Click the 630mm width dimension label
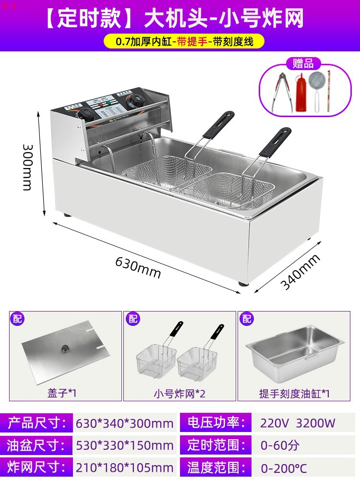click(x=137, y=268)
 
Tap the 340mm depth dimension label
click(x=300, y=272)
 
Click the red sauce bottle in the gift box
click(x=301, y=92)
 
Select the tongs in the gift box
click(x=282, y=92)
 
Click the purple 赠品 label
click(x=302, y=63)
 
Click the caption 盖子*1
click(x=65, y=394)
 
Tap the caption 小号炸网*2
click(x=180, y=394)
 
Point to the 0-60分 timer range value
click(x=280, y=445)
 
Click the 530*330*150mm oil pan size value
click(x=125, y=445)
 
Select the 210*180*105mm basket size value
click(x=125, y=467)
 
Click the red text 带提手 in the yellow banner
click(x=192, y=41)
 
